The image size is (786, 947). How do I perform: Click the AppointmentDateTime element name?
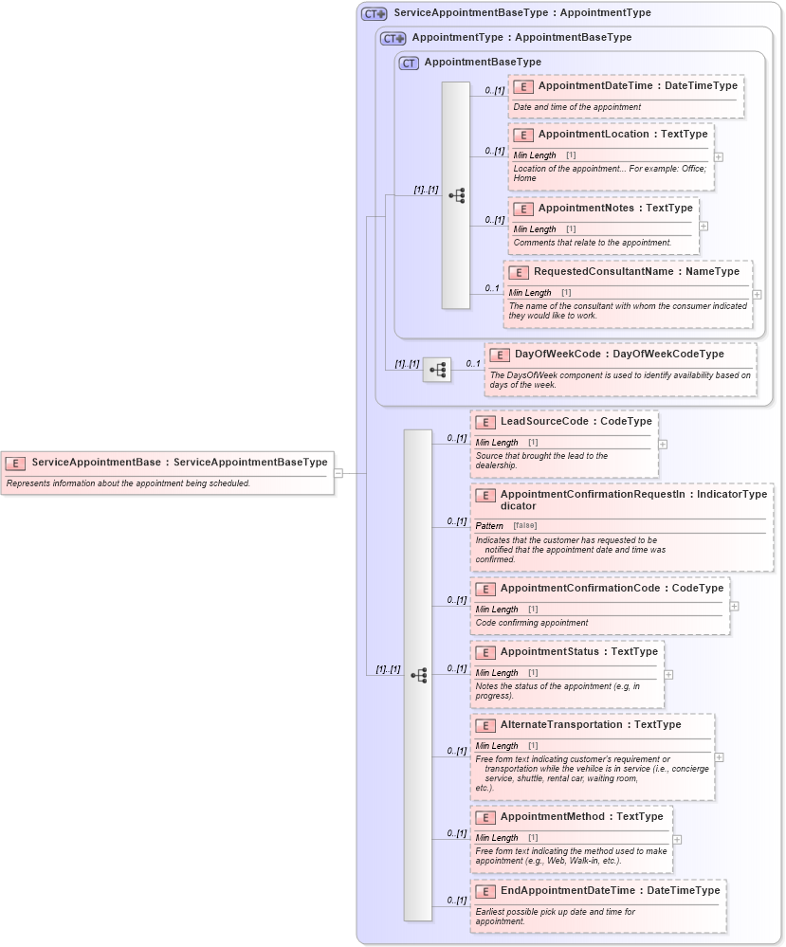594,86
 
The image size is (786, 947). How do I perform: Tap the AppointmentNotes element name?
590,209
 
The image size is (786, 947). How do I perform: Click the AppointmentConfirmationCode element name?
578,589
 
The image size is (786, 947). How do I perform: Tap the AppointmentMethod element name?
553,817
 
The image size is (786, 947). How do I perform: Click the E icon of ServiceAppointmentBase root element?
15,464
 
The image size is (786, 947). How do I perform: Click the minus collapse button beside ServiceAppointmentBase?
338,473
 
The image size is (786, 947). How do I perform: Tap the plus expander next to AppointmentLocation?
719,157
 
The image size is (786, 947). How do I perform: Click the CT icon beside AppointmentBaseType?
409,63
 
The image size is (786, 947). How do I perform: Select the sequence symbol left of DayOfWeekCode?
437,370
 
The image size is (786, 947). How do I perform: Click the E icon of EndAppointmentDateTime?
484,891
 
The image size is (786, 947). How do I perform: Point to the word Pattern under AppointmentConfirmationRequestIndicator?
489,526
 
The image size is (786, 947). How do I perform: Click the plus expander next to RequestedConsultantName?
757,295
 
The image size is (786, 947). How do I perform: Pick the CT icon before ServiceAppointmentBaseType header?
374,14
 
